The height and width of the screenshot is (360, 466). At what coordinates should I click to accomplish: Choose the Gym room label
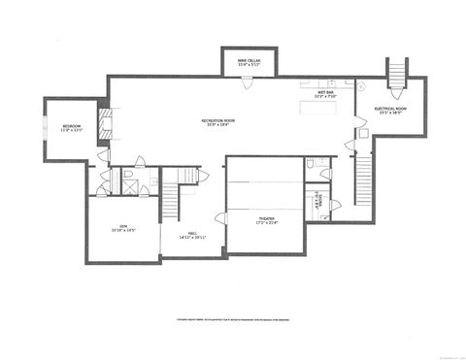[123, 229]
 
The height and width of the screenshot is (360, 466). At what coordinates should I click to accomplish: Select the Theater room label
[266, 223]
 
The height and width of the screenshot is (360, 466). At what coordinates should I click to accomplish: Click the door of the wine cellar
[250, 82]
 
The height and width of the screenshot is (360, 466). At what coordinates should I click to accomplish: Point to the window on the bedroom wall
[44, 127]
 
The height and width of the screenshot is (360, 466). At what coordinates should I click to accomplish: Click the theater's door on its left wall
[222, 218]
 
